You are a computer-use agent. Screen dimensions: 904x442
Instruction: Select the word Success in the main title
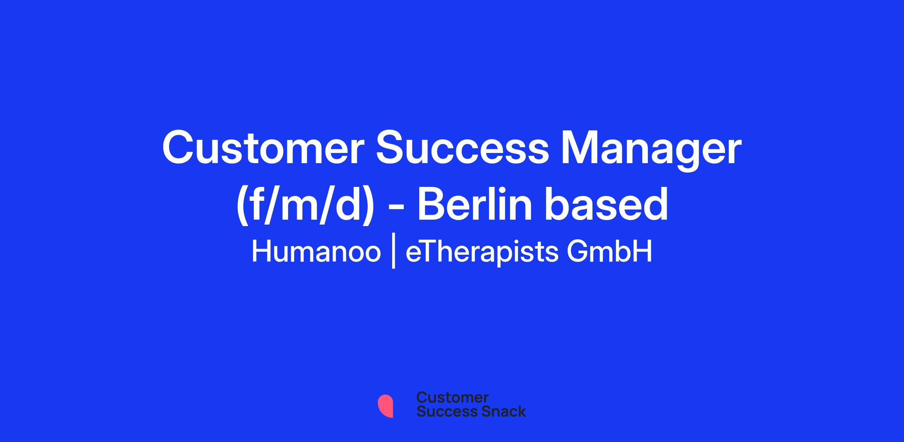click(463, 148)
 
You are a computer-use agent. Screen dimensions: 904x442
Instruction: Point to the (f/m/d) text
click(305, 205)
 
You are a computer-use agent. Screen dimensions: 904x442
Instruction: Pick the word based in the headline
click(605, 203)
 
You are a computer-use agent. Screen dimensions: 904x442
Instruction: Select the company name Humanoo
click(316, 252)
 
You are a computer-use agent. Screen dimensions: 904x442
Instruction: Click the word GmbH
click(609, 252)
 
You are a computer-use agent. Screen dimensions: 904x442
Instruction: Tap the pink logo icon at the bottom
click(385, 406)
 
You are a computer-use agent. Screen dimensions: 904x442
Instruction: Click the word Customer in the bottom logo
click(452, 398)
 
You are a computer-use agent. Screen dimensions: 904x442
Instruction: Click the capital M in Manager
click(581, 148)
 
